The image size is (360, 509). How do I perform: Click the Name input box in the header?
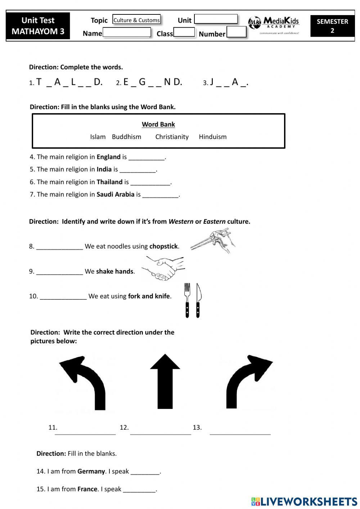tap(126, 32)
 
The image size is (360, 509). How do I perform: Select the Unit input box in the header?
tap(216, 19)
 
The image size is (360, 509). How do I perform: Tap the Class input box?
tap(184, 32)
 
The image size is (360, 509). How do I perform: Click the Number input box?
tap(237, 32)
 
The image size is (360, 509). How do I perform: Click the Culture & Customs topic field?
tap(136, 20)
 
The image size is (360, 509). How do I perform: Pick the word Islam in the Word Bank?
tap(98, 137)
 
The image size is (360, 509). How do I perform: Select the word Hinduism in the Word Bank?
tap(213, 137)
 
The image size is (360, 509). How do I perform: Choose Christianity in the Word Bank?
tap(172, 137)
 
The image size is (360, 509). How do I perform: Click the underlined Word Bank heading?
tap(158, 124)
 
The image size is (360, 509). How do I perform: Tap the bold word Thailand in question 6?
tap(109, 182)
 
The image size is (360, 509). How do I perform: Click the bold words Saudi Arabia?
tap(115, 195)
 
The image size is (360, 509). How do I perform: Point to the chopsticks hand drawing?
tap(213, 240)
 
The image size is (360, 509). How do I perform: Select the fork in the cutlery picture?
tap(187, 300)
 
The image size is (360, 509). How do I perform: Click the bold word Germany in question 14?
tap(91, 471)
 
